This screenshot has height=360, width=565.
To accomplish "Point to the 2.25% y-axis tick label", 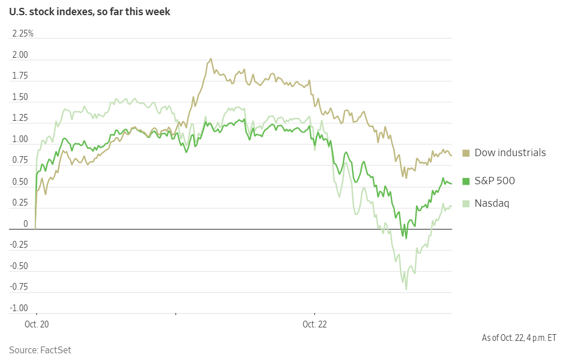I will tap(23, 34).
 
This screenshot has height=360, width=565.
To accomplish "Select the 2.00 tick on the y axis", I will tap(20, 55).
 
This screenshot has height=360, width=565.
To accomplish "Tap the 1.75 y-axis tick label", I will tap(20, 76).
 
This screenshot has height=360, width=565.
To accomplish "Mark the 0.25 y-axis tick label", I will tap(20, 203).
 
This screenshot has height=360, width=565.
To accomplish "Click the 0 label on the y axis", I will tap(25, 224).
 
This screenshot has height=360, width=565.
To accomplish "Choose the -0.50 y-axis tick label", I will tap(19, 266).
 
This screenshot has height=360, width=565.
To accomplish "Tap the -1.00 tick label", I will tap(19, 308).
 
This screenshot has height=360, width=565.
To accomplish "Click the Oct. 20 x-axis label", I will tap(36, 324).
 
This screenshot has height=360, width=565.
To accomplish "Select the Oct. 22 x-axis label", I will tap(315, 324).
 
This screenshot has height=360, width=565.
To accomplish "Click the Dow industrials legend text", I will tap(510, 153).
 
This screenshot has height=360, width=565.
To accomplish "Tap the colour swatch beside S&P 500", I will tap(466, 181).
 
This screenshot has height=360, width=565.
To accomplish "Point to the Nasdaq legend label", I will tap(492, 203).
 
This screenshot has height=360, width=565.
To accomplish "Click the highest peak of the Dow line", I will tap(211, 58).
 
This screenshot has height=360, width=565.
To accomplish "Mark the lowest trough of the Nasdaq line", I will tap(406, 290).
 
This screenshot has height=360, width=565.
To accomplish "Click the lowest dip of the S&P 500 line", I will tap(406, 238).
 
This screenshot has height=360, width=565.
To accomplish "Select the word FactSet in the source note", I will tap(56, 350).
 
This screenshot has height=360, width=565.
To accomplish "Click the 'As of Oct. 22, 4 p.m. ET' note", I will tap(519, 338).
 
